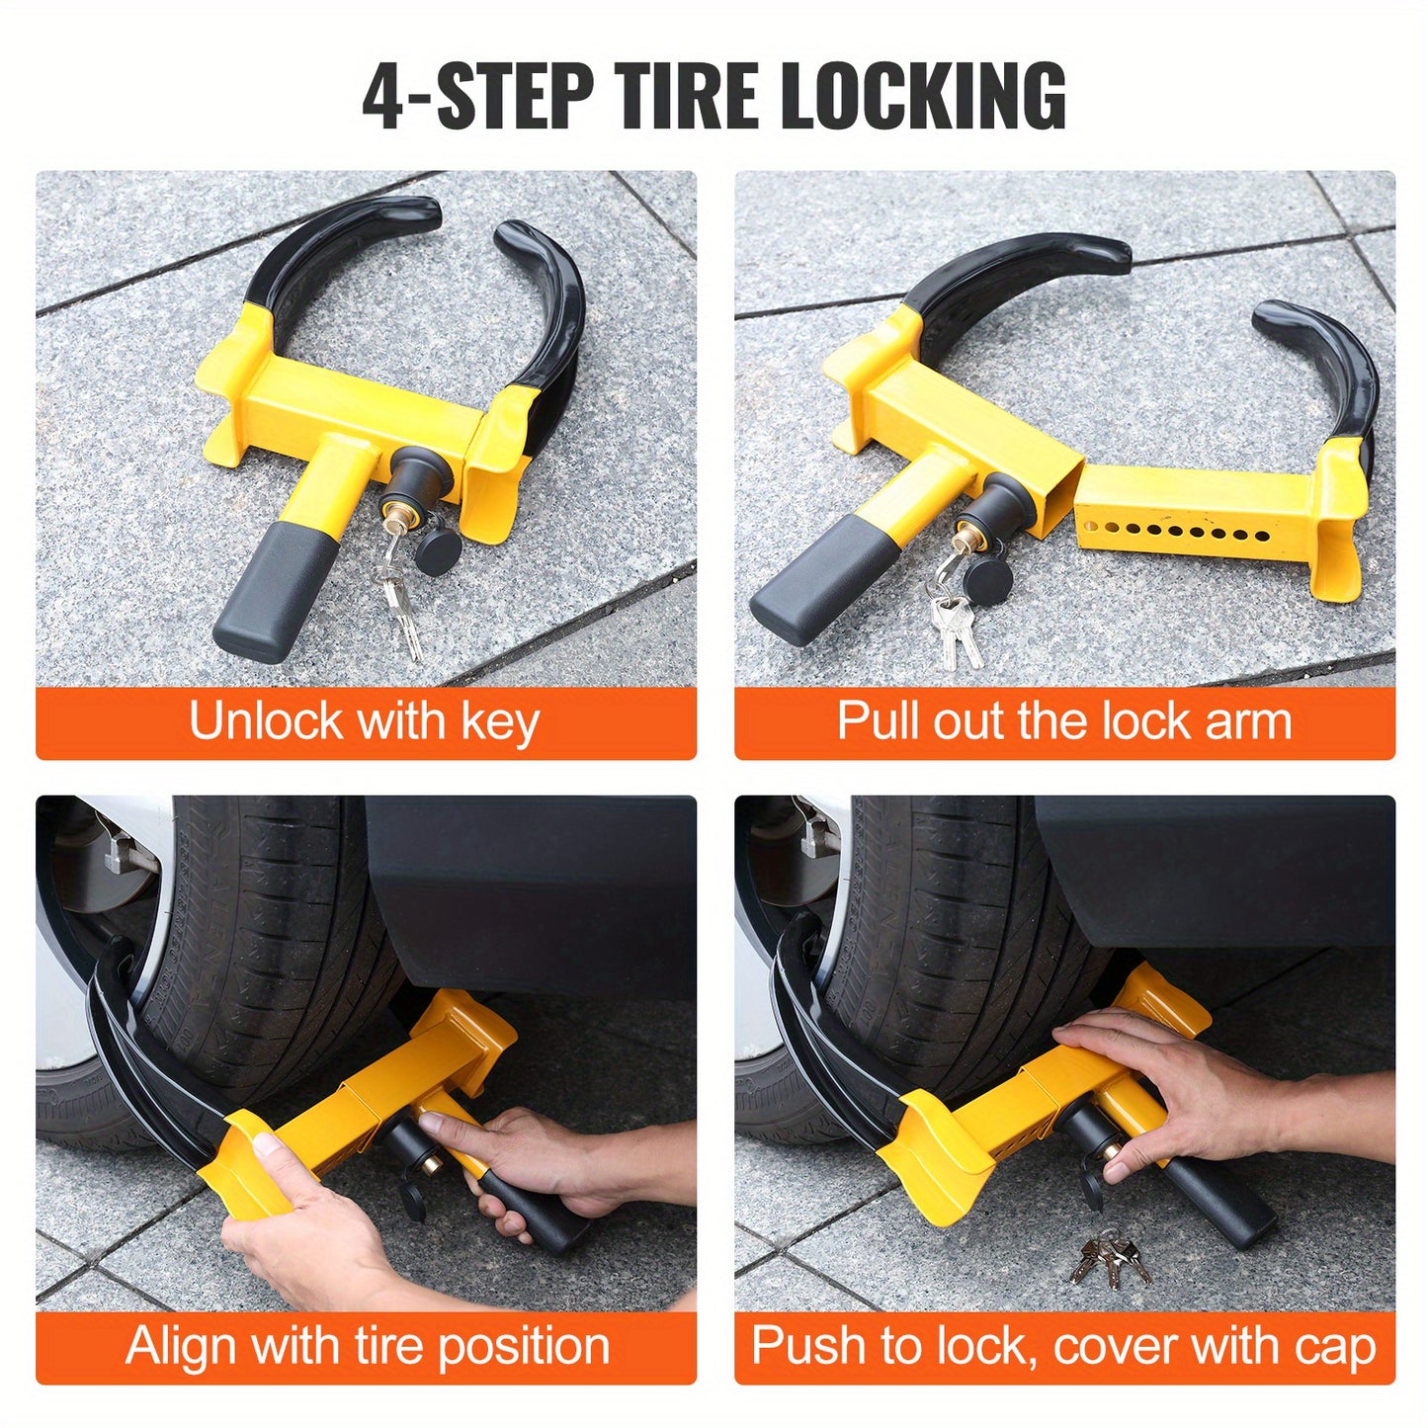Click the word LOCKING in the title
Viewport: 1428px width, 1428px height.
[923, 96]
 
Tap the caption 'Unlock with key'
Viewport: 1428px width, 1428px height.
[365, 721]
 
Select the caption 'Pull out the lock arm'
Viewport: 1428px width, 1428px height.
[1064, 721]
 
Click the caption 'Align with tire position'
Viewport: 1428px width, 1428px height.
[367, 1346]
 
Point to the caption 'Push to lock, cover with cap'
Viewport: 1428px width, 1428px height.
[1064, 1346]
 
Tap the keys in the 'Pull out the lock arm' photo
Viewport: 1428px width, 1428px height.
[954, 628]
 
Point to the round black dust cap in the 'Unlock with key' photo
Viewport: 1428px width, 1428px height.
[438, 548]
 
